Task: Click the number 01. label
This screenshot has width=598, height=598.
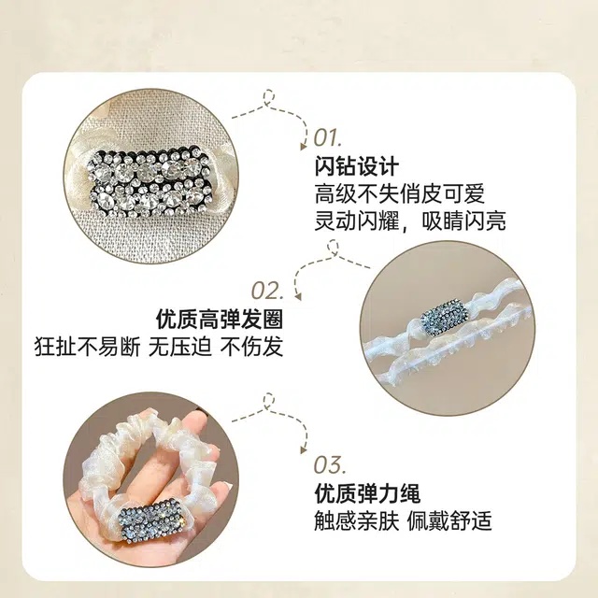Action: (328, 138)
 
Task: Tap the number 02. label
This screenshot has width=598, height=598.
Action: (267, 291)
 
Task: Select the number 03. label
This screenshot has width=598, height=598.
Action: (329, 465)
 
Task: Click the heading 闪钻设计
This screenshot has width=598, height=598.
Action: (357, 166)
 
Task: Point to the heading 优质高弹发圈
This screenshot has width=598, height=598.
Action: (220, 319)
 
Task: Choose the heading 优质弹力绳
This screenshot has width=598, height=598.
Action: (367, 493)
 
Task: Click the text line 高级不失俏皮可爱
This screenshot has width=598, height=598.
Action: (400, 193)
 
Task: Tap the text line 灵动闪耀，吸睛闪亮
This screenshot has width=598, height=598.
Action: (410, 221)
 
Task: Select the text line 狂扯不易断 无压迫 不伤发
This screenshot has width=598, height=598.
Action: (159, 347)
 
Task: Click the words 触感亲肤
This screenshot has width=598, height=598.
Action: (357, 520)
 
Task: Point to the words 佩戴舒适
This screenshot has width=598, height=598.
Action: (449, 520)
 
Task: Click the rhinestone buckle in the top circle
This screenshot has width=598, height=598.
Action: (150, 185)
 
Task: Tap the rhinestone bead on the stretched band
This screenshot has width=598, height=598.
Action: (444, 319)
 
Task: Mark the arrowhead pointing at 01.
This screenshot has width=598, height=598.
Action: (304, 146)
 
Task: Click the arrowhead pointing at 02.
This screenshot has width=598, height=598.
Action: (298, 296)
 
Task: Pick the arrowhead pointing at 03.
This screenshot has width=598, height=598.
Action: (304, 450)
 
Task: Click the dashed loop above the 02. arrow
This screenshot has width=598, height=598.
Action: (333, 248)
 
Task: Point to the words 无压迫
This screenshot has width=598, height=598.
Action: (180, 347)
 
